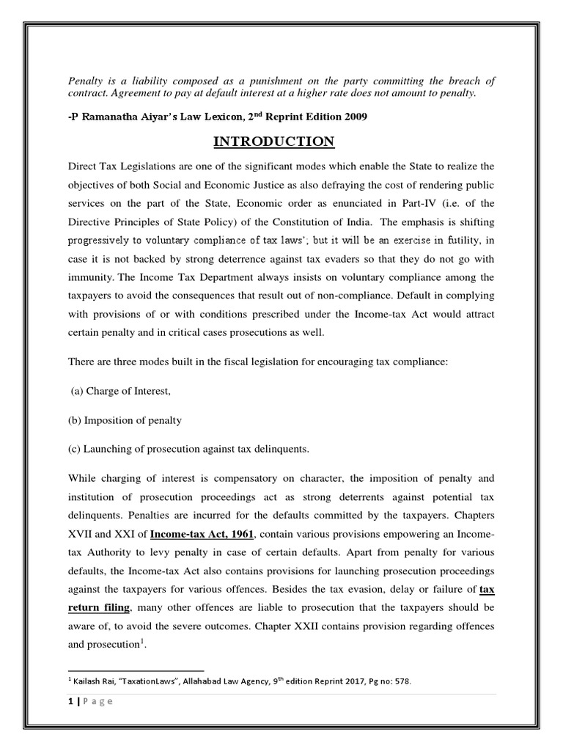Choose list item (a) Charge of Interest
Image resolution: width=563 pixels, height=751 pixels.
click(120, 391)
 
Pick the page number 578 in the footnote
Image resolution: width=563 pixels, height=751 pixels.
click(401, 681)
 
